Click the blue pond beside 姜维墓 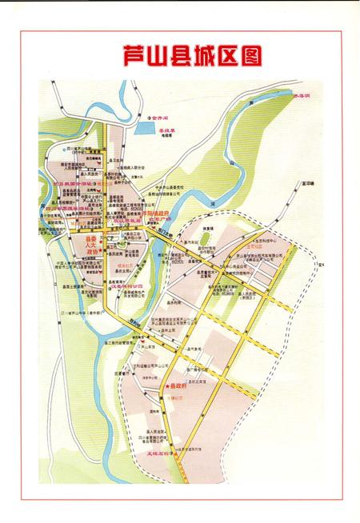coord(147,125)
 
